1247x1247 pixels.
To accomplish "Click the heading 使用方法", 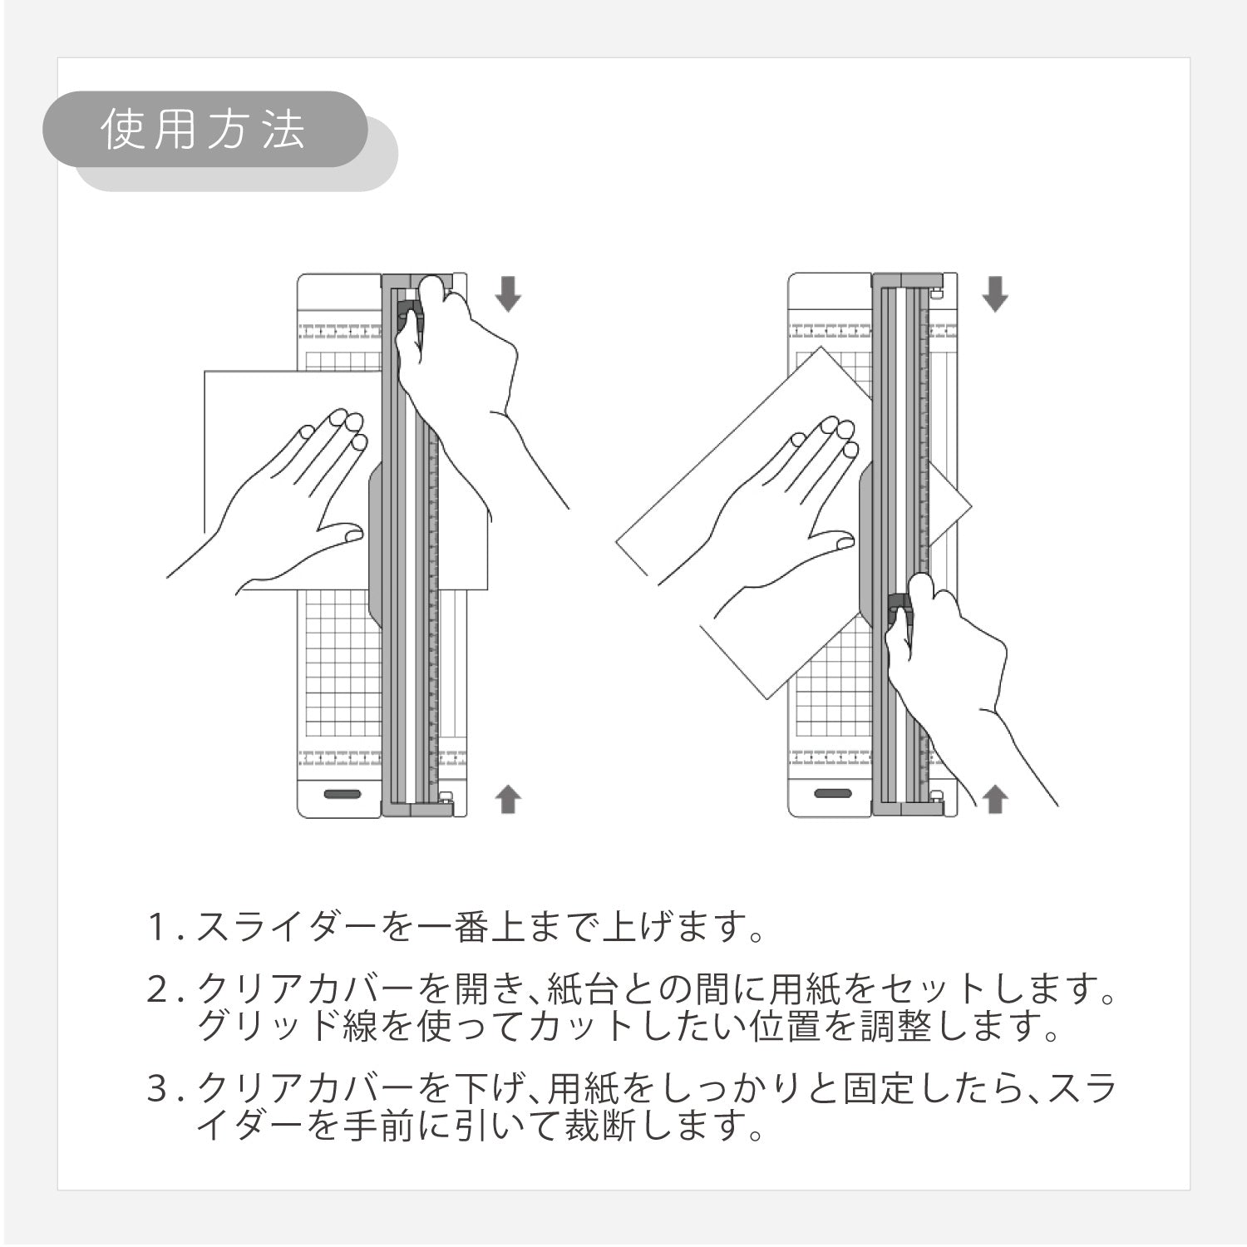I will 204,130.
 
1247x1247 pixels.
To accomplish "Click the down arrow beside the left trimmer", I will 508,293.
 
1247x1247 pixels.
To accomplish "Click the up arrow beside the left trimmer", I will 508,800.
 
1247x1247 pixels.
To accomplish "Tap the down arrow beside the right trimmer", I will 995,293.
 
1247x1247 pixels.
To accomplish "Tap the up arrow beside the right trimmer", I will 995,800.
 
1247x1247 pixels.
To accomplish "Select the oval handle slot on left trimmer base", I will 343,794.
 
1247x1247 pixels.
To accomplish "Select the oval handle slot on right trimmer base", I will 833,794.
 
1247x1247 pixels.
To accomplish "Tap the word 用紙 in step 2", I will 806,990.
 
